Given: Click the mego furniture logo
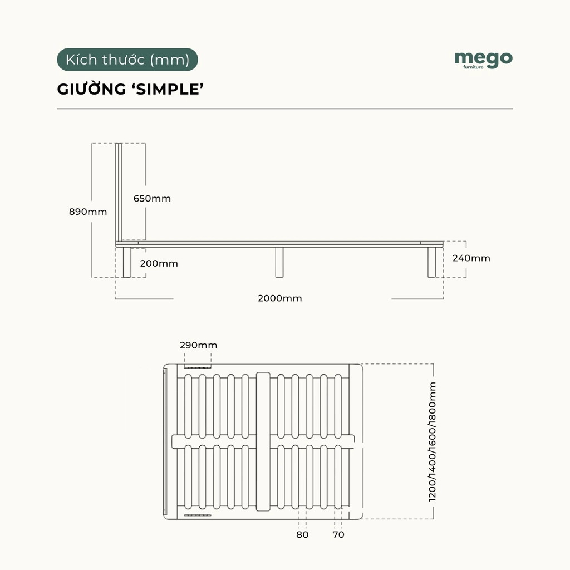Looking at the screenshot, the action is [483, 59].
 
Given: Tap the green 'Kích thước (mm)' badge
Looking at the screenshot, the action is [127, 60].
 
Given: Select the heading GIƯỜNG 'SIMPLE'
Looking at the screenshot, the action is [129, 90].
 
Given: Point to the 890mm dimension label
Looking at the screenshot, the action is [88, 212].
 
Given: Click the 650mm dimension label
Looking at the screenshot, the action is [152, 198].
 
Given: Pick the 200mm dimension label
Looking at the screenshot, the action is [159, 263].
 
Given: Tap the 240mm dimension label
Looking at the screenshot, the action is [471, 258].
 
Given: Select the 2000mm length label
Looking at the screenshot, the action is [280, 298].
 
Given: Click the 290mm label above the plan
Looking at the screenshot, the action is [199, 345].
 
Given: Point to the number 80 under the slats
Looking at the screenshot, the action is [302, 534].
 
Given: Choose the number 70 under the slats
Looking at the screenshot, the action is [338, 534].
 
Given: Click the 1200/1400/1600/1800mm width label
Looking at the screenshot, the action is [433, 443].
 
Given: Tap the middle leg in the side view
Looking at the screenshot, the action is [279, 262].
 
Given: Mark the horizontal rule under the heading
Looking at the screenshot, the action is [284, 109].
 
